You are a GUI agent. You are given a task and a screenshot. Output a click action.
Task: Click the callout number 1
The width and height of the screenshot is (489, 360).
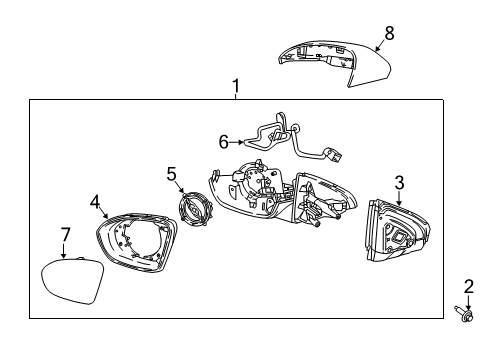[x=236, y=87]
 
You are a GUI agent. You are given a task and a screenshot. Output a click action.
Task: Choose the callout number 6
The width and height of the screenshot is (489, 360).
[x=224, y=142]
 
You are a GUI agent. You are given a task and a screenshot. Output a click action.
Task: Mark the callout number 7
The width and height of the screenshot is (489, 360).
[x=65, y=234]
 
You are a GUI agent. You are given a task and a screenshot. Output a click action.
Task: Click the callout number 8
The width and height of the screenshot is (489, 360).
[x=389, y=33]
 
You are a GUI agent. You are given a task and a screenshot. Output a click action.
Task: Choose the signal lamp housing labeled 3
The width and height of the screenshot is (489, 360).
[x=391, y=236]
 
